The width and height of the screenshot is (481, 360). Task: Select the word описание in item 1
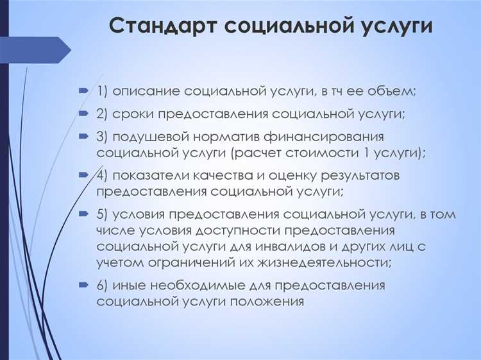tap(148, 91)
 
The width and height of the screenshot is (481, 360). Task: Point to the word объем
tap(392, 91)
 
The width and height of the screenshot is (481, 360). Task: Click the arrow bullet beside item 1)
tap(83, 91)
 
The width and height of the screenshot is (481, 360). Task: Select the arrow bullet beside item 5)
tap(83, 214)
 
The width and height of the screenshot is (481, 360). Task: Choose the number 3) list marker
tap(104, 137)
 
